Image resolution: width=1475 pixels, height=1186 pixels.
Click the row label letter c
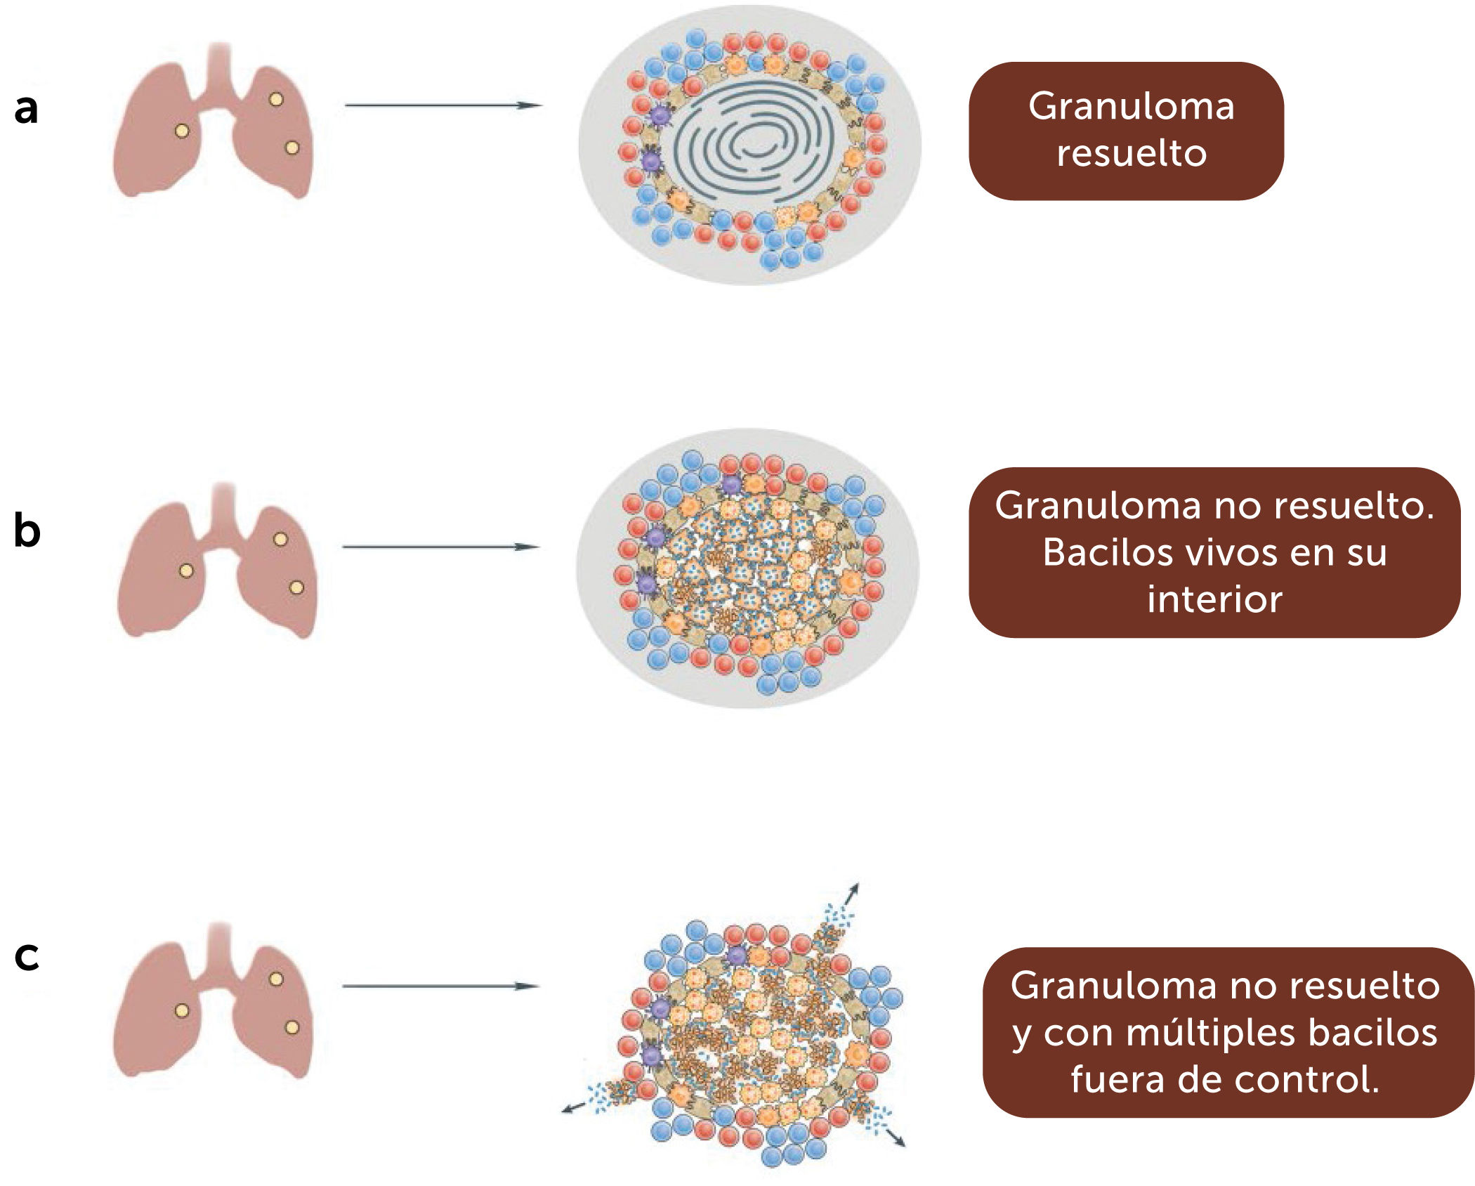[27, 956]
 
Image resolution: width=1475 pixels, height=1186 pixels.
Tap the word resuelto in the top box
[1132, 153]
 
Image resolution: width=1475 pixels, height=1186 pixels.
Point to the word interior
[1214, 599]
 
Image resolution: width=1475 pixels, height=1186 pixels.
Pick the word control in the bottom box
[1305, 1079]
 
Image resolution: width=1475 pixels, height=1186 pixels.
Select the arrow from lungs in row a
[442, 105]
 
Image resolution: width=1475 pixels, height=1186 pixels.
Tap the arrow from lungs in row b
[440, 547]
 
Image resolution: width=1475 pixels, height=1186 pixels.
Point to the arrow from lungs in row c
[440, 986]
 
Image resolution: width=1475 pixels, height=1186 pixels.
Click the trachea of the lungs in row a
[220, 70]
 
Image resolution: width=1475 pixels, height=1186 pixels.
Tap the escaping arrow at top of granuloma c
[851, 895]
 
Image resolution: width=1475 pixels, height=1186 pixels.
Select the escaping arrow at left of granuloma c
[572, 1109]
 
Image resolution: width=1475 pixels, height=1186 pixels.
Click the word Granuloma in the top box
[1131, 107]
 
